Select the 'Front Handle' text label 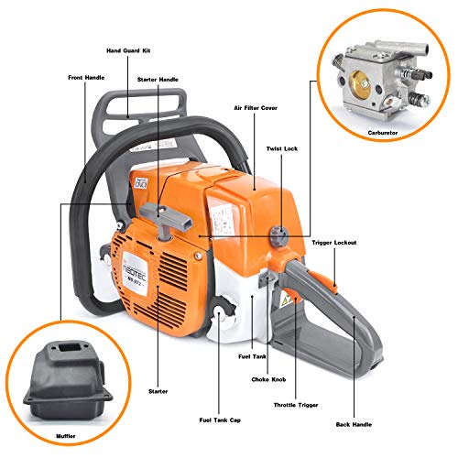point(88,77)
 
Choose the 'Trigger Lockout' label point(335,242)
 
